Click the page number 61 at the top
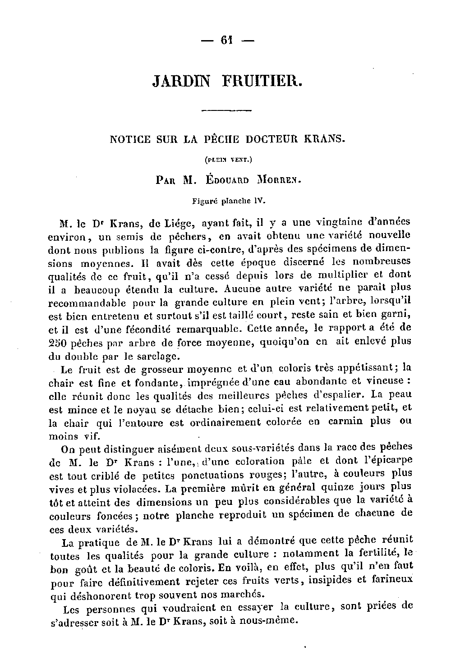pyautogui.click(x=226, y=40)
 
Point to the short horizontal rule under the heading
pyautogui.click(x=226, y=110)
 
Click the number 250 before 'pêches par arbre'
pyautogui.click(x=58, y=342)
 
